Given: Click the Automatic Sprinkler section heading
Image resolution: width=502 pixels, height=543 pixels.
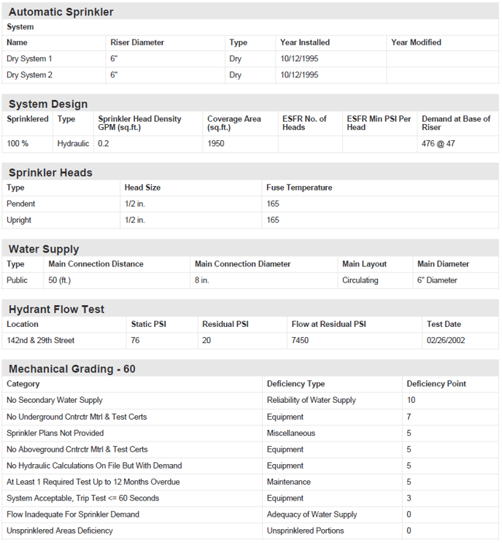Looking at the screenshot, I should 61,12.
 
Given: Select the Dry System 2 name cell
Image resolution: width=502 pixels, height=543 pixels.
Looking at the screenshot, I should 29,74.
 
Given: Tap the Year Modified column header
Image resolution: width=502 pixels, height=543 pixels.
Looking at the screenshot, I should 416,42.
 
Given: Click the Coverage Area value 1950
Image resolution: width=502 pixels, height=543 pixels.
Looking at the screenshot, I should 216,144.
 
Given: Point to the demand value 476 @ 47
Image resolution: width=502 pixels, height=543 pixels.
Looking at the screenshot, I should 438,144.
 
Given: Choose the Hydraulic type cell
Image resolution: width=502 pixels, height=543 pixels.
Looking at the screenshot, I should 73,144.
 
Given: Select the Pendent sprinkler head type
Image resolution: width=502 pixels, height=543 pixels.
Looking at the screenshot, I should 21,204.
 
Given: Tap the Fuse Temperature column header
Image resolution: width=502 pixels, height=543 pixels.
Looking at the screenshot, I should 299,188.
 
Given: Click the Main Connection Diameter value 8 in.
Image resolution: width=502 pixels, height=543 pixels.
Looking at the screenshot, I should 202,280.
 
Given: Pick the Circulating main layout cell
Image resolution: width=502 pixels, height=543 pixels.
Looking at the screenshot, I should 360,280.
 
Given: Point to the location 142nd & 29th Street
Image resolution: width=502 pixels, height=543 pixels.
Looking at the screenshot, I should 41,340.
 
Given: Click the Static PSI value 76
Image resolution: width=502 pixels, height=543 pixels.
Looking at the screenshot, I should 136,340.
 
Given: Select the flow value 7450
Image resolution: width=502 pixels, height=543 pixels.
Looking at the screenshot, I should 301,340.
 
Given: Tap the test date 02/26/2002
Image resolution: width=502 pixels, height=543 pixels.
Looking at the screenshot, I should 445,340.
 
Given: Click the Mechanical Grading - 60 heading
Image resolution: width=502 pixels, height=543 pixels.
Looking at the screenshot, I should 72,369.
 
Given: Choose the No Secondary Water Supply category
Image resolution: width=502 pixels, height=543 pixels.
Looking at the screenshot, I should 55,400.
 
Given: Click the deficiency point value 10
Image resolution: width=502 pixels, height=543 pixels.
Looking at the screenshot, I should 411,400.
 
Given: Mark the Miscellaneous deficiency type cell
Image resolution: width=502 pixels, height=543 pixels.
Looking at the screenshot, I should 291,433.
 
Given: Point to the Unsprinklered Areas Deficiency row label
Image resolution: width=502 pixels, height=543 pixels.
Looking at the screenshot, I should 60,531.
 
